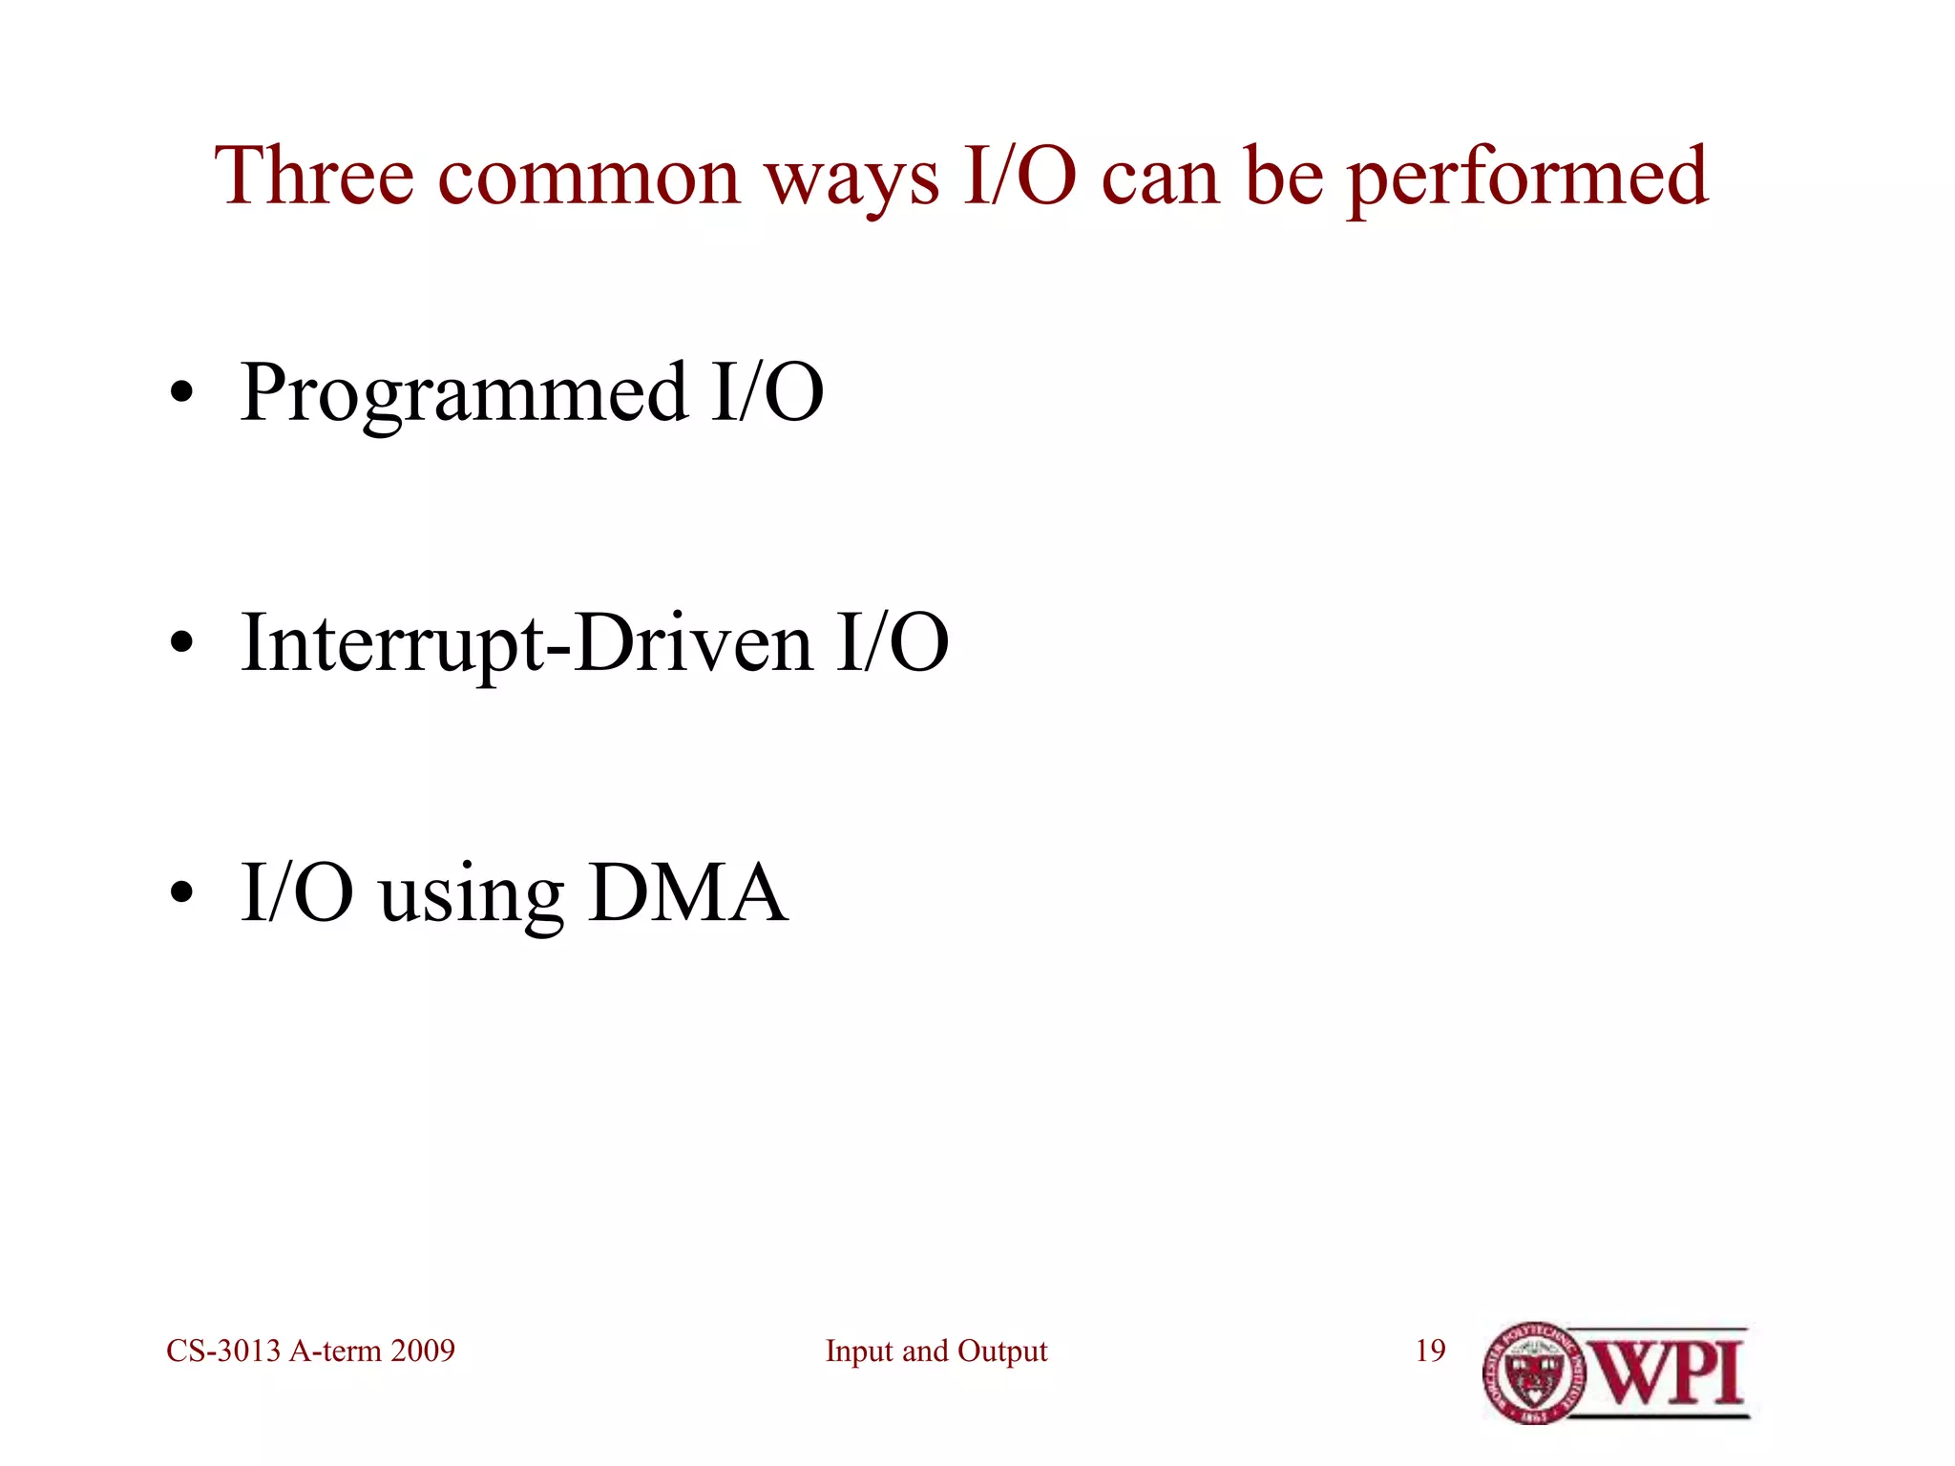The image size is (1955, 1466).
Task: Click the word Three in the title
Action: point(314,177)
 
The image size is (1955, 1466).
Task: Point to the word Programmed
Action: point(464,394)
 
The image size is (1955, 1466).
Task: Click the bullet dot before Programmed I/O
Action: point(181,394)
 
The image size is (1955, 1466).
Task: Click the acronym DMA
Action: point(687,893)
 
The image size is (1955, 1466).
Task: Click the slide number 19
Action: point(1430,1351)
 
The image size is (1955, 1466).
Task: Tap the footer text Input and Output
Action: point(935,1351)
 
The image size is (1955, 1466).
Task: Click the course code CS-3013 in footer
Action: point(223,1351)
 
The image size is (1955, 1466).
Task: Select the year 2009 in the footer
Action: point(423,1351)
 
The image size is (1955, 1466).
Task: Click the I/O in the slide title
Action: point(1020,177)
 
